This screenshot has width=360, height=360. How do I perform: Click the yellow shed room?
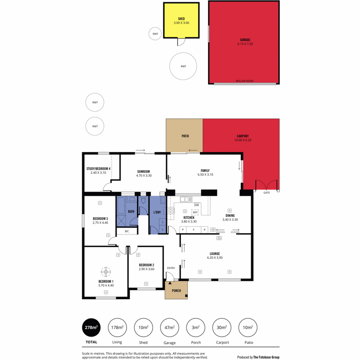click(181, 20)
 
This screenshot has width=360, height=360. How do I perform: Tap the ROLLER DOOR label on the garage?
click(244, 81)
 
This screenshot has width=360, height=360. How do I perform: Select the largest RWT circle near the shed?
click(183, 66)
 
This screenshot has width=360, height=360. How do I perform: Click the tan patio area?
click(184, 135)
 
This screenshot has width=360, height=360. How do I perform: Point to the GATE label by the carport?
click(266, 193)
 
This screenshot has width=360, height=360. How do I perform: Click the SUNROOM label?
click(144, 171)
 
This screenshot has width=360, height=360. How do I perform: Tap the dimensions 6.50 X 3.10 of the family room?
click(205, 175)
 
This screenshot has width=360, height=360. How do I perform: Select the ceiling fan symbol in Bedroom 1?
click(106, 272)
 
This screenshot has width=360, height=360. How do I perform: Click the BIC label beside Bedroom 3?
click(127, 231)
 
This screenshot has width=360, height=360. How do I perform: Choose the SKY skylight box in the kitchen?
click(195, 212)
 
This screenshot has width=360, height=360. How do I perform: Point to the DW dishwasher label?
click(197, 205)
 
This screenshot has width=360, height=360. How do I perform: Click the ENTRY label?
click(171, 268)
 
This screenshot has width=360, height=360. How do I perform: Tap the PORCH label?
click(176, 291)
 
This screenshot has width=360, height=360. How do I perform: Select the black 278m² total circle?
click(91, 328)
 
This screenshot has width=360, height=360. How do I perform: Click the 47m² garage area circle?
click(170, 328)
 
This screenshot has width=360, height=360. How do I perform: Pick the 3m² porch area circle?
click(196, 328)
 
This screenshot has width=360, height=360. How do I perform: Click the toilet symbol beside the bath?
click(144, 200)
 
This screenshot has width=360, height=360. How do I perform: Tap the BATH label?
click(131, 211)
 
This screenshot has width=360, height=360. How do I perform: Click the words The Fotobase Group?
click(266, 357)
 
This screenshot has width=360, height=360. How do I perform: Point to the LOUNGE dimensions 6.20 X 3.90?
click(215, 257)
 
